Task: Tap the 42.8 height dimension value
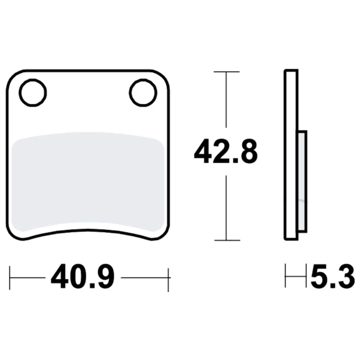click(226, 152)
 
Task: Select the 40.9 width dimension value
click(83, 276)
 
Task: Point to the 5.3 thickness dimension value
click(333, 276)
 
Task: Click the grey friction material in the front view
click(88, 181)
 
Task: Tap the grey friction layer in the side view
click(302, 181)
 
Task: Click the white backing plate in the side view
click(291, 155)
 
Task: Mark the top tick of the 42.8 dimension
click(226, 72)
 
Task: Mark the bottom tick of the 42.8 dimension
click(227, 240)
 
